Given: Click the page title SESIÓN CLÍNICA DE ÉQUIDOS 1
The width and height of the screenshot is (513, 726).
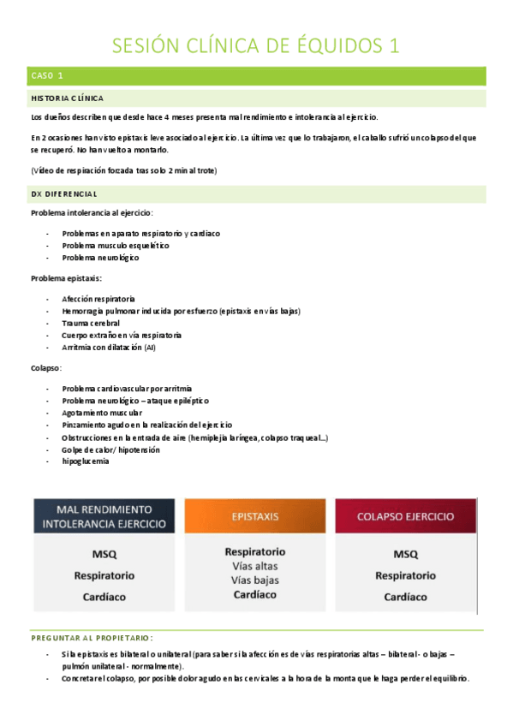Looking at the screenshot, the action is coord(256,45).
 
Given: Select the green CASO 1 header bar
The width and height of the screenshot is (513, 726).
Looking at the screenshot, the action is coord(257,76).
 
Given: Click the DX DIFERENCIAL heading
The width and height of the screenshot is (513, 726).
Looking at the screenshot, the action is coord(63,193).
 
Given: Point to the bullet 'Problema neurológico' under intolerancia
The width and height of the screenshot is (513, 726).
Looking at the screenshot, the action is coord(100,258).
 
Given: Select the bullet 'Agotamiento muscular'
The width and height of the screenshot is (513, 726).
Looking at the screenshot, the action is coord(100,413).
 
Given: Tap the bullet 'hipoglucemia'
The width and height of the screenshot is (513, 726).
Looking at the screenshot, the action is coord(86,461).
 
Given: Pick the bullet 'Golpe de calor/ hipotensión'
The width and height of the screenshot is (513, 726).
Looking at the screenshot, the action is coord(111,449).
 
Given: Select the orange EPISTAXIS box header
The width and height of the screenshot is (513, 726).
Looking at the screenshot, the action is coord(254,517).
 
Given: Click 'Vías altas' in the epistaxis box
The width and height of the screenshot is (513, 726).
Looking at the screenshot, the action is coord(254,566).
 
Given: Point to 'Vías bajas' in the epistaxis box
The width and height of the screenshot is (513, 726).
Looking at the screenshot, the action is coord(254,580).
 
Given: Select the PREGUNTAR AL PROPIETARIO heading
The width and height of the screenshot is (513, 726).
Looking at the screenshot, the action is coord(92,638).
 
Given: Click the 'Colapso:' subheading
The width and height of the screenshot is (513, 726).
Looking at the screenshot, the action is coord(46,367).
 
